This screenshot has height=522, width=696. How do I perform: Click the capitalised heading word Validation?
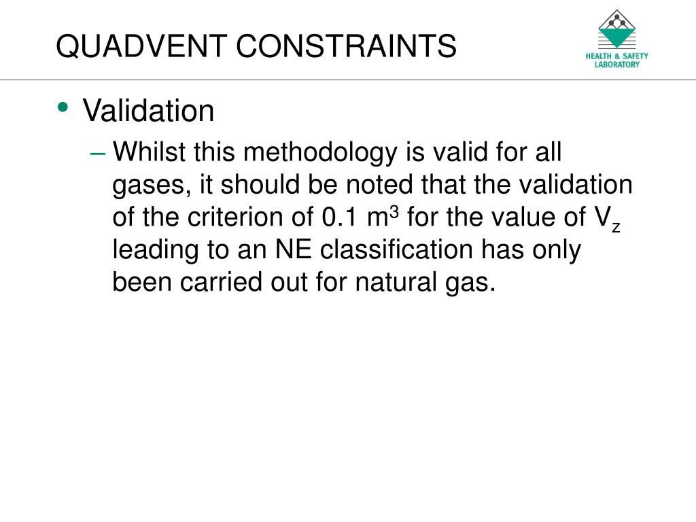pyautogui.click(x=148, y=111)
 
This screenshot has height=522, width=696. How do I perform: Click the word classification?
pyautogui.click(x=396, y=250)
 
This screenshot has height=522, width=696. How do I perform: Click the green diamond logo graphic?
pyautogui.click(x=617, y=29)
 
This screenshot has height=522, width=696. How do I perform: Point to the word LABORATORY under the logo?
pyautogui.click(x=617, y=65)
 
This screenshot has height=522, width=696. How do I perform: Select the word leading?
pyautogui.click(x=154, y=250)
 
